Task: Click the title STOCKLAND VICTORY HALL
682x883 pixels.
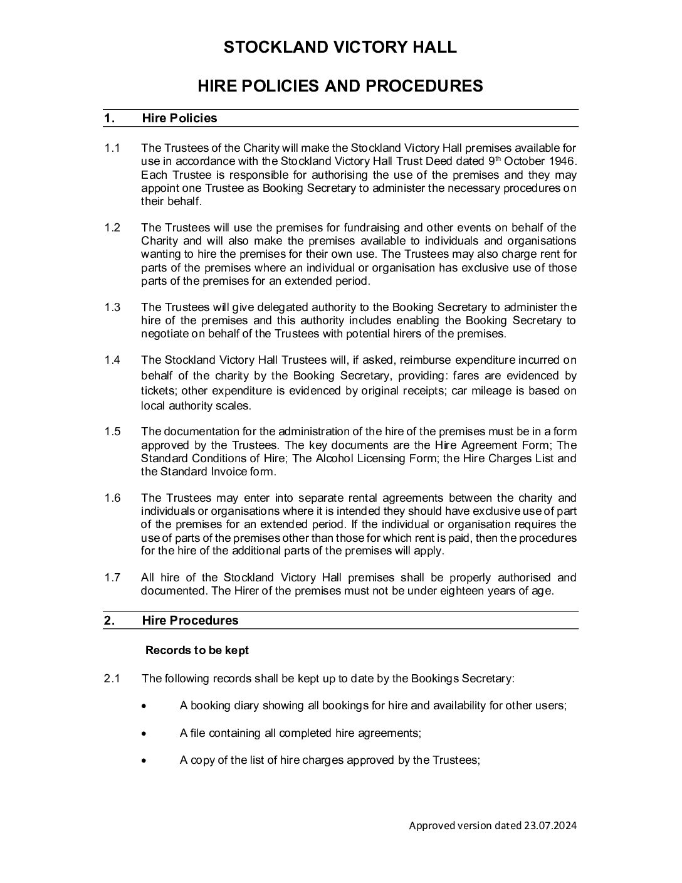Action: pyautogui.click(x=340, y=47)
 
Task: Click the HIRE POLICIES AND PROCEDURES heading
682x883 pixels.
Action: pyautogui.click(x=340, y=86)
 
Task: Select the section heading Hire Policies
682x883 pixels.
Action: pyautogui.click(x=179, y=119)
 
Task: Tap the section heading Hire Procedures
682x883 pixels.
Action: pyautogui.click(x=190, y=620)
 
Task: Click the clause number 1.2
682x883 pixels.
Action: pyautogui.click(x=112, y=228)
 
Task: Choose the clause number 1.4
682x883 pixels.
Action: pyautogui.click(x=112, y=360)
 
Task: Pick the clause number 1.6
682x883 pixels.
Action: pyautogui.click(x=112, y=498)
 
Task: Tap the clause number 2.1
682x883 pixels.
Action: pyautogui.click(x=112, y=678)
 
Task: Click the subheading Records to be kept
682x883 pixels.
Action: pyautogui.click(x=197, y=650)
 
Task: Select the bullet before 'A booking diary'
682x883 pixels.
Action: pyautogui.click(x=145, y=706)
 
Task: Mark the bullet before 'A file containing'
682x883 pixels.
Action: pyautogui.click(x=145, y=733)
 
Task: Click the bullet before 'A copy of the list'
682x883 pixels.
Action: pyautogui.click(x=145, y=761)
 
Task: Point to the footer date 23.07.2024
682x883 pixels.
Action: pyautogui.click(x=550, y=825)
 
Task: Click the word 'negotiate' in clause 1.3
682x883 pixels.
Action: pyautogui.click(x=165, y=334)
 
